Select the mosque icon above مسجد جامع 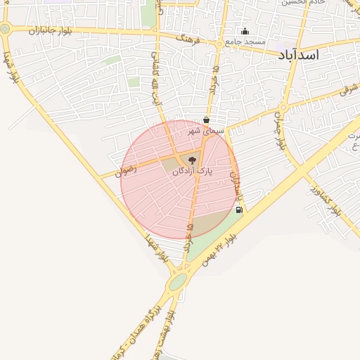coord(245,31)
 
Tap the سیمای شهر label coord(205,131)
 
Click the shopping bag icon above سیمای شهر coord(205,120)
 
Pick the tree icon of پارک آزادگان coord(192,161)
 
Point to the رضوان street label coord(128,170)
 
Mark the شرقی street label coord(348,90)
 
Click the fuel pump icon coord(239,210)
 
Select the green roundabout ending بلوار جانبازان coord(6,29)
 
